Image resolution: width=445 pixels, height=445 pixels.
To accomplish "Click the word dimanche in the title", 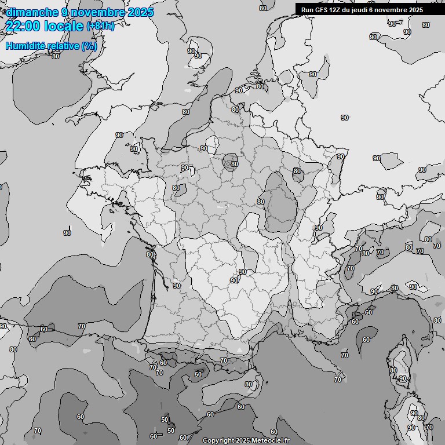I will tap(32, 12).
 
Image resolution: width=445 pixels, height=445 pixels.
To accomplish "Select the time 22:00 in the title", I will tap(21, 26).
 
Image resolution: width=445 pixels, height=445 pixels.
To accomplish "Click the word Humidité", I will tap(26, 46).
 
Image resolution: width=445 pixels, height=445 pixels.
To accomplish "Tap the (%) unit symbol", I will tap(89, 46).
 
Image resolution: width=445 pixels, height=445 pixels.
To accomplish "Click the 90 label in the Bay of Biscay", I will tap(67, 233).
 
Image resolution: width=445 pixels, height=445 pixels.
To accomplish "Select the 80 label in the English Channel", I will tap(186, 112).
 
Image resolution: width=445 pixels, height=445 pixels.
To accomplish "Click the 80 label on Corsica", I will tap(393, 370).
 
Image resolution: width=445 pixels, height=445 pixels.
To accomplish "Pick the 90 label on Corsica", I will tap(403, 378).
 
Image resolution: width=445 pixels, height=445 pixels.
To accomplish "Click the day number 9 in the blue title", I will tap(63, 12).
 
